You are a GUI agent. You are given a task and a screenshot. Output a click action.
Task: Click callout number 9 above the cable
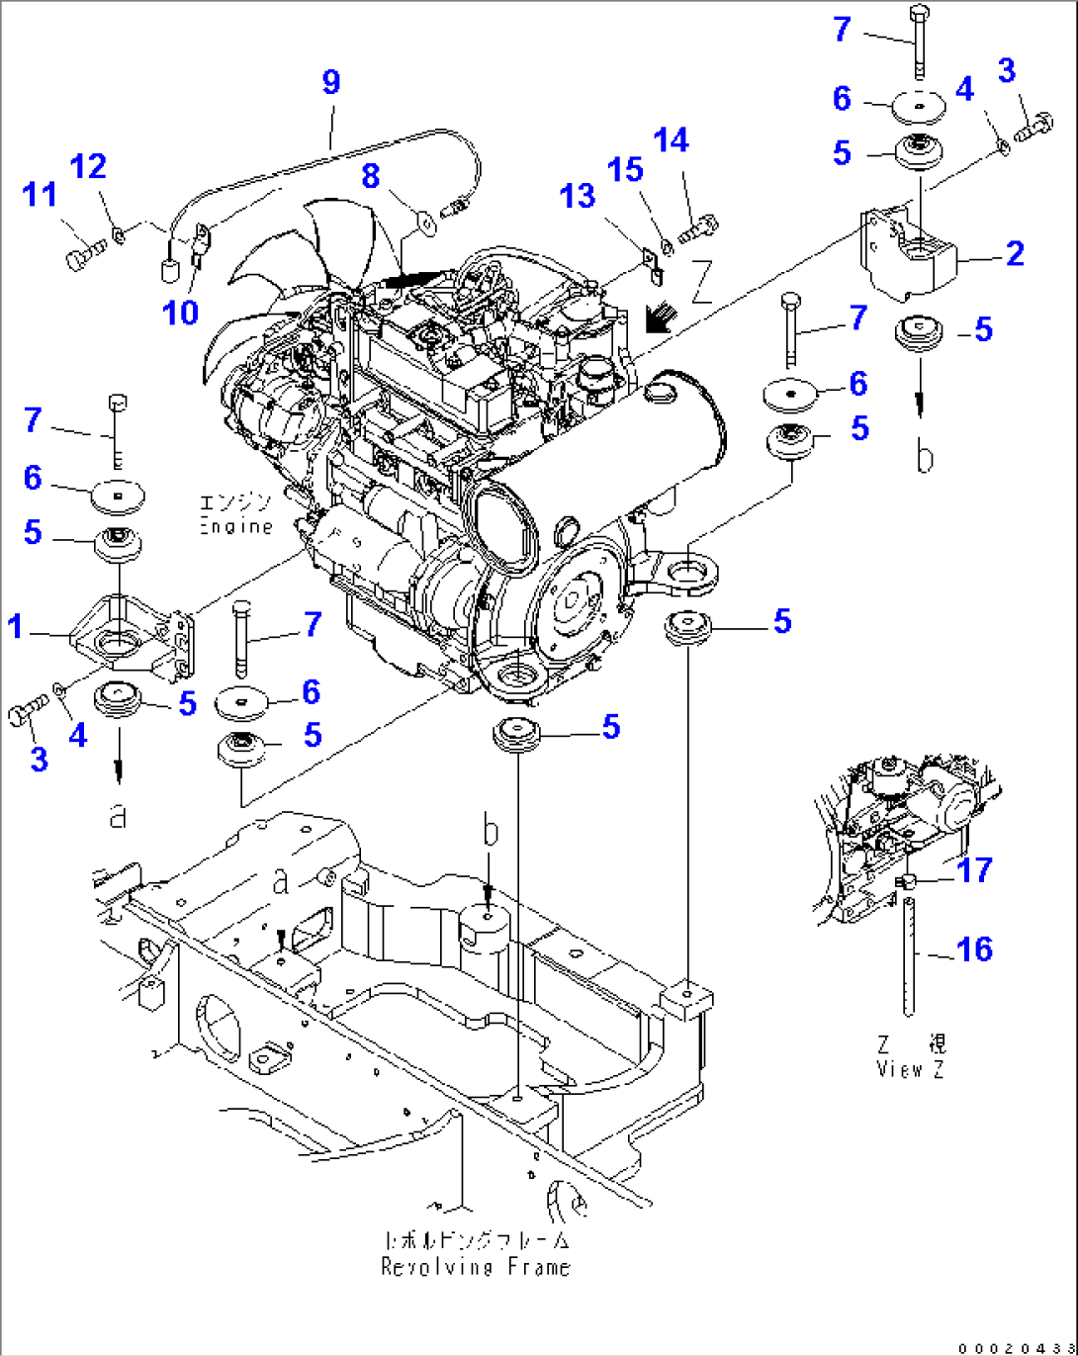331,82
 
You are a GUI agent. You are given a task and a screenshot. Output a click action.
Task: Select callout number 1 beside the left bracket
15,626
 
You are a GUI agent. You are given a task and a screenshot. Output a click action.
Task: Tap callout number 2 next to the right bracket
1015,254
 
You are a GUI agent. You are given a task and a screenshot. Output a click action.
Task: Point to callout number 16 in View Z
974,949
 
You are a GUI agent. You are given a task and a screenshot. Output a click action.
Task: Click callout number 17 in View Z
974,870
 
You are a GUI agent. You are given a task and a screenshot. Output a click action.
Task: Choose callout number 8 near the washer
371,176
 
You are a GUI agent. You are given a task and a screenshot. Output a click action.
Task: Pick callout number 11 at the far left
40,195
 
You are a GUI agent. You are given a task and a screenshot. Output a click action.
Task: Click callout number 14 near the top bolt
671,140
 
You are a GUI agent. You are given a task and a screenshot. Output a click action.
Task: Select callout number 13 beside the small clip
578,196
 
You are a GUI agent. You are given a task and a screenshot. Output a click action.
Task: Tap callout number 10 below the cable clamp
180,314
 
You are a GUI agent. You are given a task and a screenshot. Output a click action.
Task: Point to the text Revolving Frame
476,1267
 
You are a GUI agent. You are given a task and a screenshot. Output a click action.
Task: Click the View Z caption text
910,1069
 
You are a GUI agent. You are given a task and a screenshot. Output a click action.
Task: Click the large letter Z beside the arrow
701,282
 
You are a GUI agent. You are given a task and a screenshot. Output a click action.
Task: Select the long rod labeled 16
908,954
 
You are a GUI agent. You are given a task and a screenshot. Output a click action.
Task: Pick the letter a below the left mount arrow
118,815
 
